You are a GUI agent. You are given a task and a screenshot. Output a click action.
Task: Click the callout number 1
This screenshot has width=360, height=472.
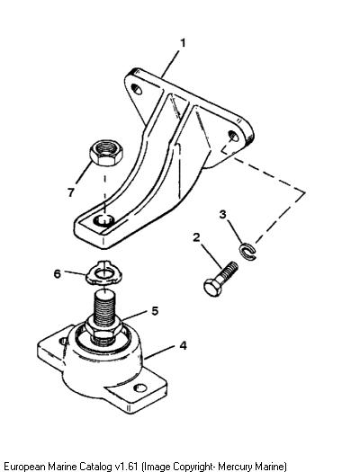(183, 43)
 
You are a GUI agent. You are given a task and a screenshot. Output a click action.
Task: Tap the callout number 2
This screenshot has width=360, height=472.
(196, 237)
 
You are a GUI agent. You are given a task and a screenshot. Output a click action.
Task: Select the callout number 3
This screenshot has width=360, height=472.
(222, 215)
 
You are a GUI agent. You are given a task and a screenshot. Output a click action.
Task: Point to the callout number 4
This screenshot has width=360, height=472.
(184, 345)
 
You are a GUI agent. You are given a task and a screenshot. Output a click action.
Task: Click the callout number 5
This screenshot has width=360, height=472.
(155, 311)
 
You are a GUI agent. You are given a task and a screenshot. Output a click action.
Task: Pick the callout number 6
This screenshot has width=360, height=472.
(58, 274)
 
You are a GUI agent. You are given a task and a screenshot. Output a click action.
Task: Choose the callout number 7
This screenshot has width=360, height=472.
(71, 192)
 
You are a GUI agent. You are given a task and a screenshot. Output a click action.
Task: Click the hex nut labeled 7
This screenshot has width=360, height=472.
(106, 153)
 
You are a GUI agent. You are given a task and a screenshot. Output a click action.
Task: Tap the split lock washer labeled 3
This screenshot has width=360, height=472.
(247, 252)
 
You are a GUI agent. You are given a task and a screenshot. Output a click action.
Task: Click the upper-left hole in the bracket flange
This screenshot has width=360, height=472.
(137, 89)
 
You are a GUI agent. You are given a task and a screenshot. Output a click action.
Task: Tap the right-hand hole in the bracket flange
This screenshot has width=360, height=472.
(233, 136)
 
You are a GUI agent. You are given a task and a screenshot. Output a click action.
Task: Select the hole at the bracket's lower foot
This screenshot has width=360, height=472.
(103, 220)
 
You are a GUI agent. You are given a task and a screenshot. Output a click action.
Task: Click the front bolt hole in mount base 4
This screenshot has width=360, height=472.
(139, 388)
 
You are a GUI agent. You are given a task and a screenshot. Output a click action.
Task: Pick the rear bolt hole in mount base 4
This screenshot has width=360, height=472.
(63, 341)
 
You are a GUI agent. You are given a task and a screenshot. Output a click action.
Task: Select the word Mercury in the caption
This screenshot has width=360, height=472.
(234, 467)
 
